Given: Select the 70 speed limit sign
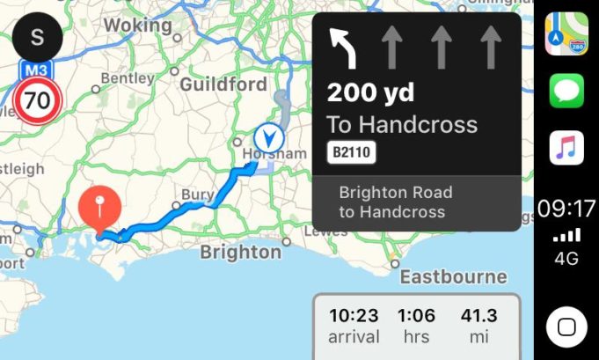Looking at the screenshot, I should [37, 101].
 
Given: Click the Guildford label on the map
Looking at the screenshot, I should [223, 84].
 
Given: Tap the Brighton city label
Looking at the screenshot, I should [240, 253].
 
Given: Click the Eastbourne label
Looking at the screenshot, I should [453, 277].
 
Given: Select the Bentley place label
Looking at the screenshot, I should [127, 78].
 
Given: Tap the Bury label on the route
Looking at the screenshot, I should [196, 195].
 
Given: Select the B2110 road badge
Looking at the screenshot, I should [353, 153].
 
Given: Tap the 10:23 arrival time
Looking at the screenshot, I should [353, 315].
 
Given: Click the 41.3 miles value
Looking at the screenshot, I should [479, 315].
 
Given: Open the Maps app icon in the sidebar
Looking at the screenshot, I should [566, 33].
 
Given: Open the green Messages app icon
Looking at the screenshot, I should [566, 91].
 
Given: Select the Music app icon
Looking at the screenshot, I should [566, 147].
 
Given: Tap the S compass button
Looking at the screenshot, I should [37, 36].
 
